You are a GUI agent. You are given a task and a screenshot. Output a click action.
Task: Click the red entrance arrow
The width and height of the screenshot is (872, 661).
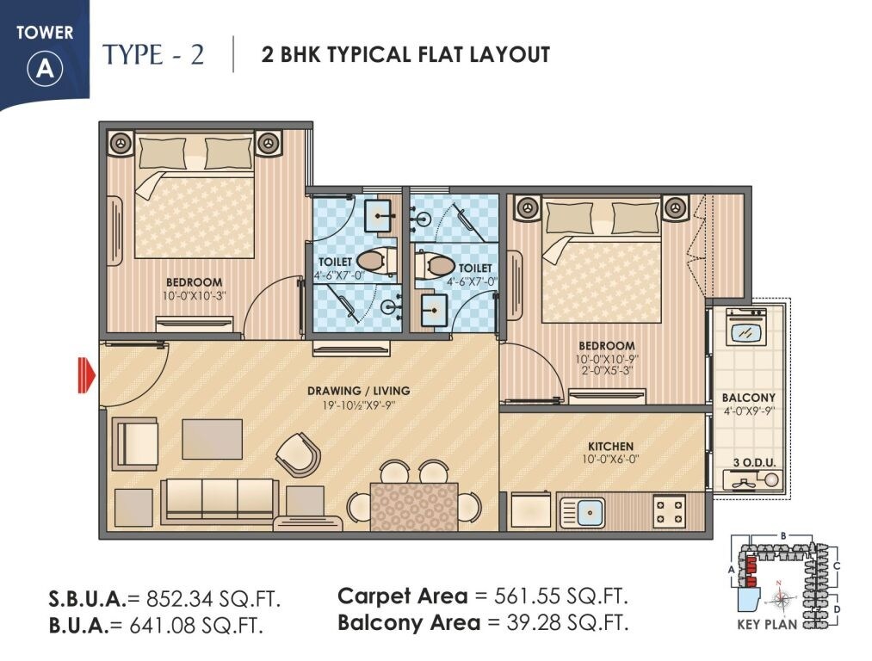[x=85, y=376]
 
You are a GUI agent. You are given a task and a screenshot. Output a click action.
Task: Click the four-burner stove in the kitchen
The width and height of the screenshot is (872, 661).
[x=669, y=511]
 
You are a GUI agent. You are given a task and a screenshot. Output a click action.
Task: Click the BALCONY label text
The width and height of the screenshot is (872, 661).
[x=748, y=398]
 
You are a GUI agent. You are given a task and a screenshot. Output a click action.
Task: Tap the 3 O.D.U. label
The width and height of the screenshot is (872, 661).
[x=754, y=463]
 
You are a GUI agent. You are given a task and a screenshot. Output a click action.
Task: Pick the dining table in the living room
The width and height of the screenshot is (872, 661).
[x=413, y=506]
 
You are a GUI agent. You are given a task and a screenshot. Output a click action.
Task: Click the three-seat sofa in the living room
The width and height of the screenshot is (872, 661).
[x=220, y=498]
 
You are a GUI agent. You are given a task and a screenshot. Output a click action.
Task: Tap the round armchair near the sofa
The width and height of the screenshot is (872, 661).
[x=298, y=454]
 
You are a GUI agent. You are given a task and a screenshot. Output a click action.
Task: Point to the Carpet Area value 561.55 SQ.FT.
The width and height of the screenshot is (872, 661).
[x=560, y=596]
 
